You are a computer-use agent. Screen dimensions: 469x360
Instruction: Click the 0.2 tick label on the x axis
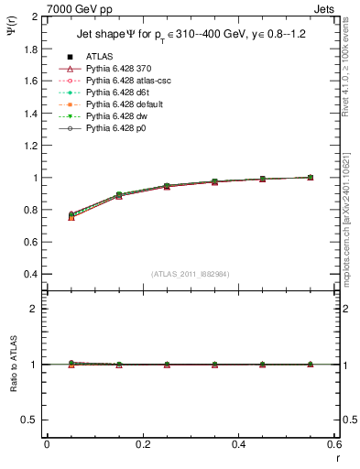142,444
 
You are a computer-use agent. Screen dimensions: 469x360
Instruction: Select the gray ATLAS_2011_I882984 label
191,274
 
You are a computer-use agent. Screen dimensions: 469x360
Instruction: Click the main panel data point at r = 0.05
71,216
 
